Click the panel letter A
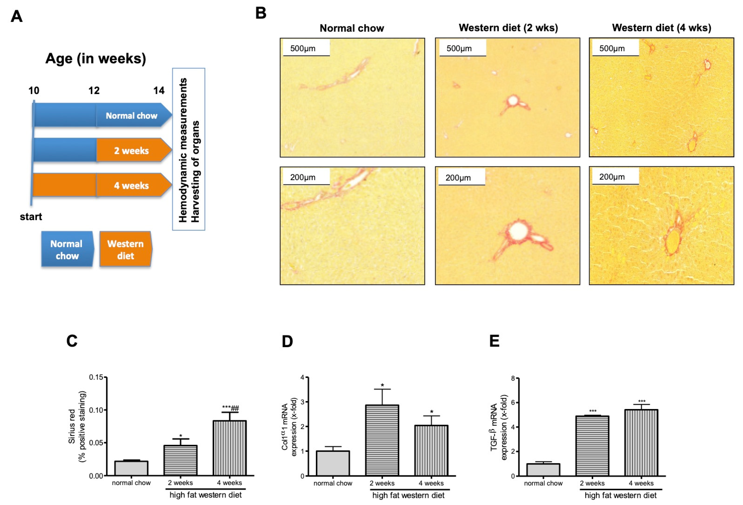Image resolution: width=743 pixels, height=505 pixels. pyautogui.click(x=17, y=16)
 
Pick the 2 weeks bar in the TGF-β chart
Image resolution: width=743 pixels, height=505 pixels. pyautogui.click(x=592, y=446)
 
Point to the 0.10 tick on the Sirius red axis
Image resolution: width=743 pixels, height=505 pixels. pyautogui.click(x=96, y=410)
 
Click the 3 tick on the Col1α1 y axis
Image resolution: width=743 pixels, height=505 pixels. pyautogui.click(x=302, y=402)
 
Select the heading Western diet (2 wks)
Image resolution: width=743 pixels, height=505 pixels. pyautogui.click(x=508, y=28)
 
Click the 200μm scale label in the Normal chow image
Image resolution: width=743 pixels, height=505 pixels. pyautogui.click(x=302, y=177)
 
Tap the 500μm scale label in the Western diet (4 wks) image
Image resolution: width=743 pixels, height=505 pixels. pyautogui.click(x=612, y=48)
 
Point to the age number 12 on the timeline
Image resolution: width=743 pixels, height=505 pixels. pyautogui.click(x=94, y=90)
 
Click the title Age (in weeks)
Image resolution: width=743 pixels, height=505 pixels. pyautogui.click(x=96, y=59)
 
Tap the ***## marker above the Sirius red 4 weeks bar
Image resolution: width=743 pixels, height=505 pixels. pyautogui.click(x=230, y=407)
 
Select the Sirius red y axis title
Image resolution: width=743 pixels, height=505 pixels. pyautogui.click(x=77, y=426)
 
